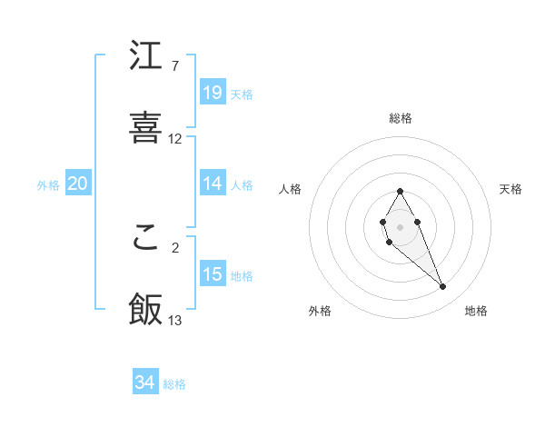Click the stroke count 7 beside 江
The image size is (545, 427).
[175, 66]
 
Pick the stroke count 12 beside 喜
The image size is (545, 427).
[175, 139]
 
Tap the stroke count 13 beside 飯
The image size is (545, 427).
[175, 320]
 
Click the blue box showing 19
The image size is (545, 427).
[213, 93]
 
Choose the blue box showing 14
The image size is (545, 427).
[213, 184]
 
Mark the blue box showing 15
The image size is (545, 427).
[213, 274]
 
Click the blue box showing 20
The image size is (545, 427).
[78, 184]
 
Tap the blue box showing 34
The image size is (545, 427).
[145, 382]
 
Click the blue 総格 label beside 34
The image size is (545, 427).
[175, 384]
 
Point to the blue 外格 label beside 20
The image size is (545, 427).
[48, 185]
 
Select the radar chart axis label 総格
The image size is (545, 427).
[401, 118]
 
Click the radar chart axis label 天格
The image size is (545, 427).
[510, 189]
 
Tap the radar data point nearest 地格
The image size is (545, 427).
[443, 287]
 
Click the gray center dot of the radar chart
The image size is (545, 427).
[400, 225]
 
